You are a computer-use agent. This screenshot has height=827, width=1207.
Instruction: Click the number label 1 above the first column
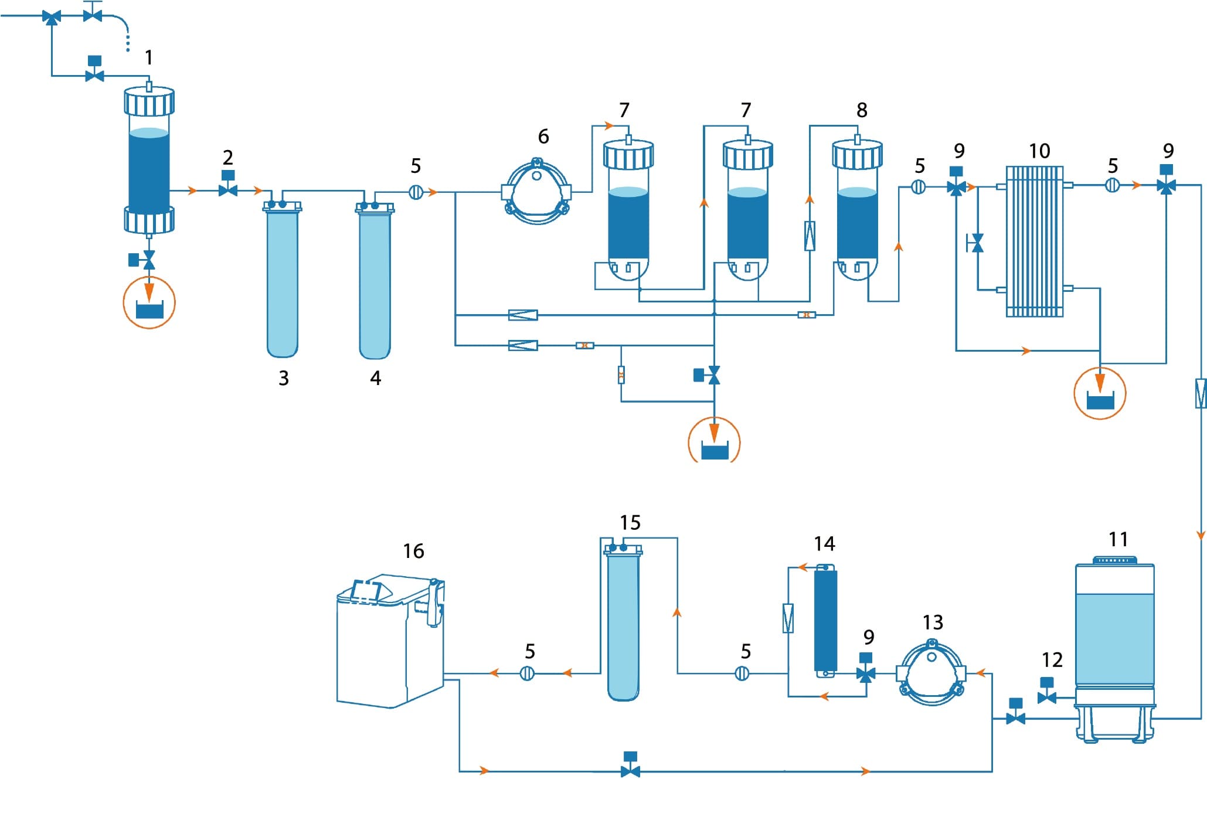point(149,57)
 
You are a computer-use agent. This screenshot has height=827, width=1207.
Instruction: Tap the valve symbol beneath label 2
point(228,190)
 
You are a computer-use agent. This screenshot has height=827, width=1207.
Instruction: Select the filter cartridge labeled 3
point(283,281)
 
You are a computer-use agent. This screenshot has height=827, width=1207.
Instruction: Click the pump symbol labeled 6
point(537,192)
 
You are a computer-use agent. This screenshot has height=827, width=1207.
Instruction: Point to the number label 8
point(862,110)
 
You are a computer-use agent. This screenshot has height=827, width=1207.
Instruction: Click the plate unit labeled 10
point(1035,240)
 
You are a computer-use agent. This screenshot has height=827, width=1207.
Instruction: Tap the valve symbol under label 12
point(1046,697)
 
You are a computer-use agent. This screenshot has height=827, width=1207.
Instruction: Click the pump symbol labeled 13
point(931,674)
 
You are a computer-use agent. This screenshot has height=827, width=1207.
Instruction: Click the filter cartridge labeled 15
point(623,624)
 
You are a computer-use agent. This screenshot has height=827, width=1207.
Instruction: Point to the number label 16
point(413,551)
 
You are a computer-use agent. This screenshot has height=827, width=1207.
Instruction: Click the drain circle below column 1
point(149,303)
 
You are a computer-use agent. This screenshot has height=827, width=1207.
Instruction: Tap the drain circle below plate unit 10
point(1100,393)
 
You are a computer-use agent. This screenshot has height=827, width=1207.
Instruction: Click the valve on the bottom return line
point(630,771)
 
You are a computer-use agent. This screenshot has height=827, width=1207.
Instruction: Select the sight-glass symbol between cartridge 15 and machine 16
point(528,673)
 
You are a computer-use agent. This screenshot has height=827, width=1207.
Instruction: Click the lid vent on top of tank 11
point(1114,560)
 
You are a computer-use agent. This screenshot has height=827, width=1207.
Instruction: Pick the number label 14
point(824,544)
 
